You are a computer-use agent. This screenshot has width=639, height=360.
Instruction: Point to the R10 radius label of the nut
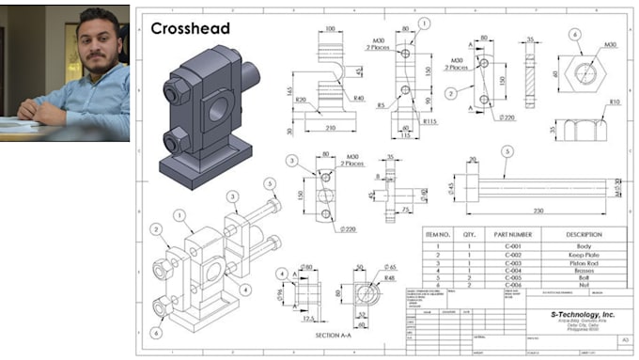pyautogui.click(x=615, y=102)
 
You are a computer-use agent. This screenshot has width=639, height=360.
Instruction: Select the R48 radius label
pyautogui.click(x=387, y=278)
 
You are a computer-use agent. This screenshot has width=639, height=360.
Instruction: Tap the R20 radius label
pyautogui.click(x=302, y=99)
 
